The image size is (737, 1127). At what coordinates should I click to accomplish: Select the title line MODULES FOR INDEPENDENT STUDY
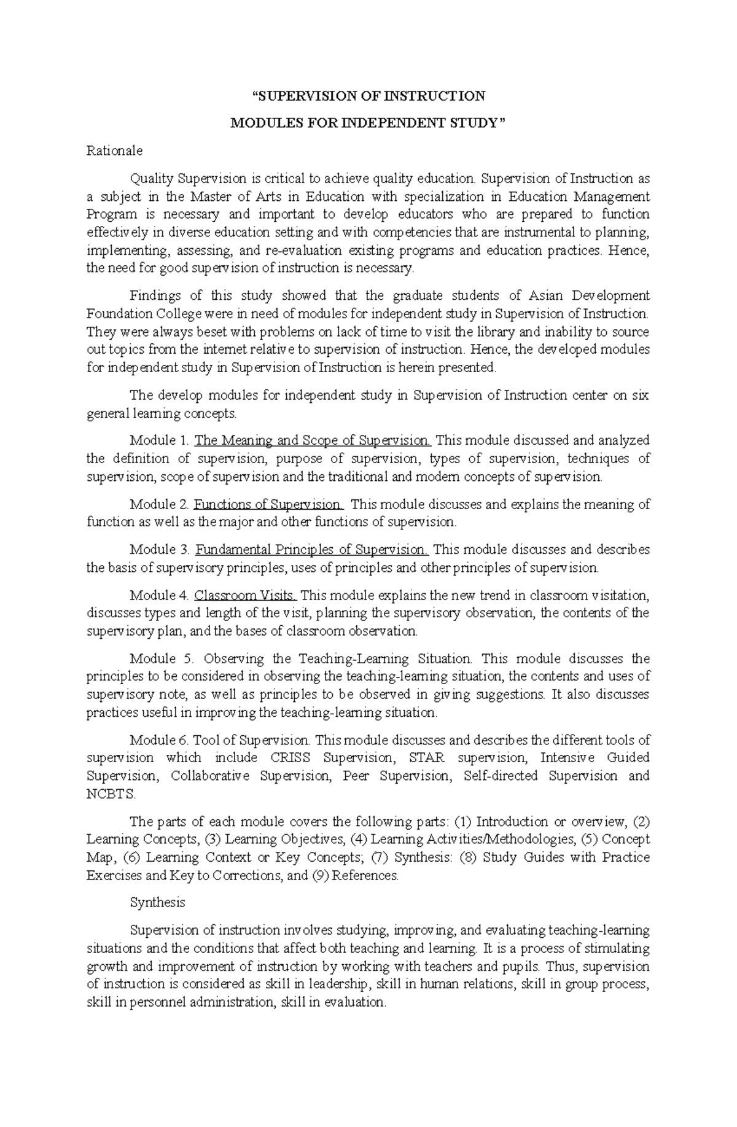pos(368,123)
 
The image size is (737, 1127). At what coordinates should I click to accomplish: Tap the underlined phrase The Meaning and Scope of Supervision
pos(313,440)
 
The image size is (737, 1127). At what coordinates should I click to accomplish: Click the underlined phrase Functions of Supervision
pos(268,504)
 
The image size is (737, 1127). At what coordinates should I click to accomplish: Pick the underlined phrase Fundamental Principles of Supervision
pos(312,549)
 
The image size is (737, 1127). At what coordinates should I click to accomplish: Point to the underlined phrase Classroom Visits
pos(246,595)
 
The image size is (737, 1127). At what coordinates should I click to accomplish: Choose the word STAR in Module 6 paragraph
pos(427,758)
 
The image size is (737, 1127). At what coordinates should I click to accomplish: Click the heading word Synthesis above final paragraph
pos(157,902)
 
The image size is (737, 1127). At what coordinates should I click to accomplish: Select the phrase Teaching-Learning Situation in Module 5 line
pos(385,659)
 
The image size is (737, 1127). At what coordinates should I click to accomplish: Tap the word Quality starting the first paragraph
pos(151,179)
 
